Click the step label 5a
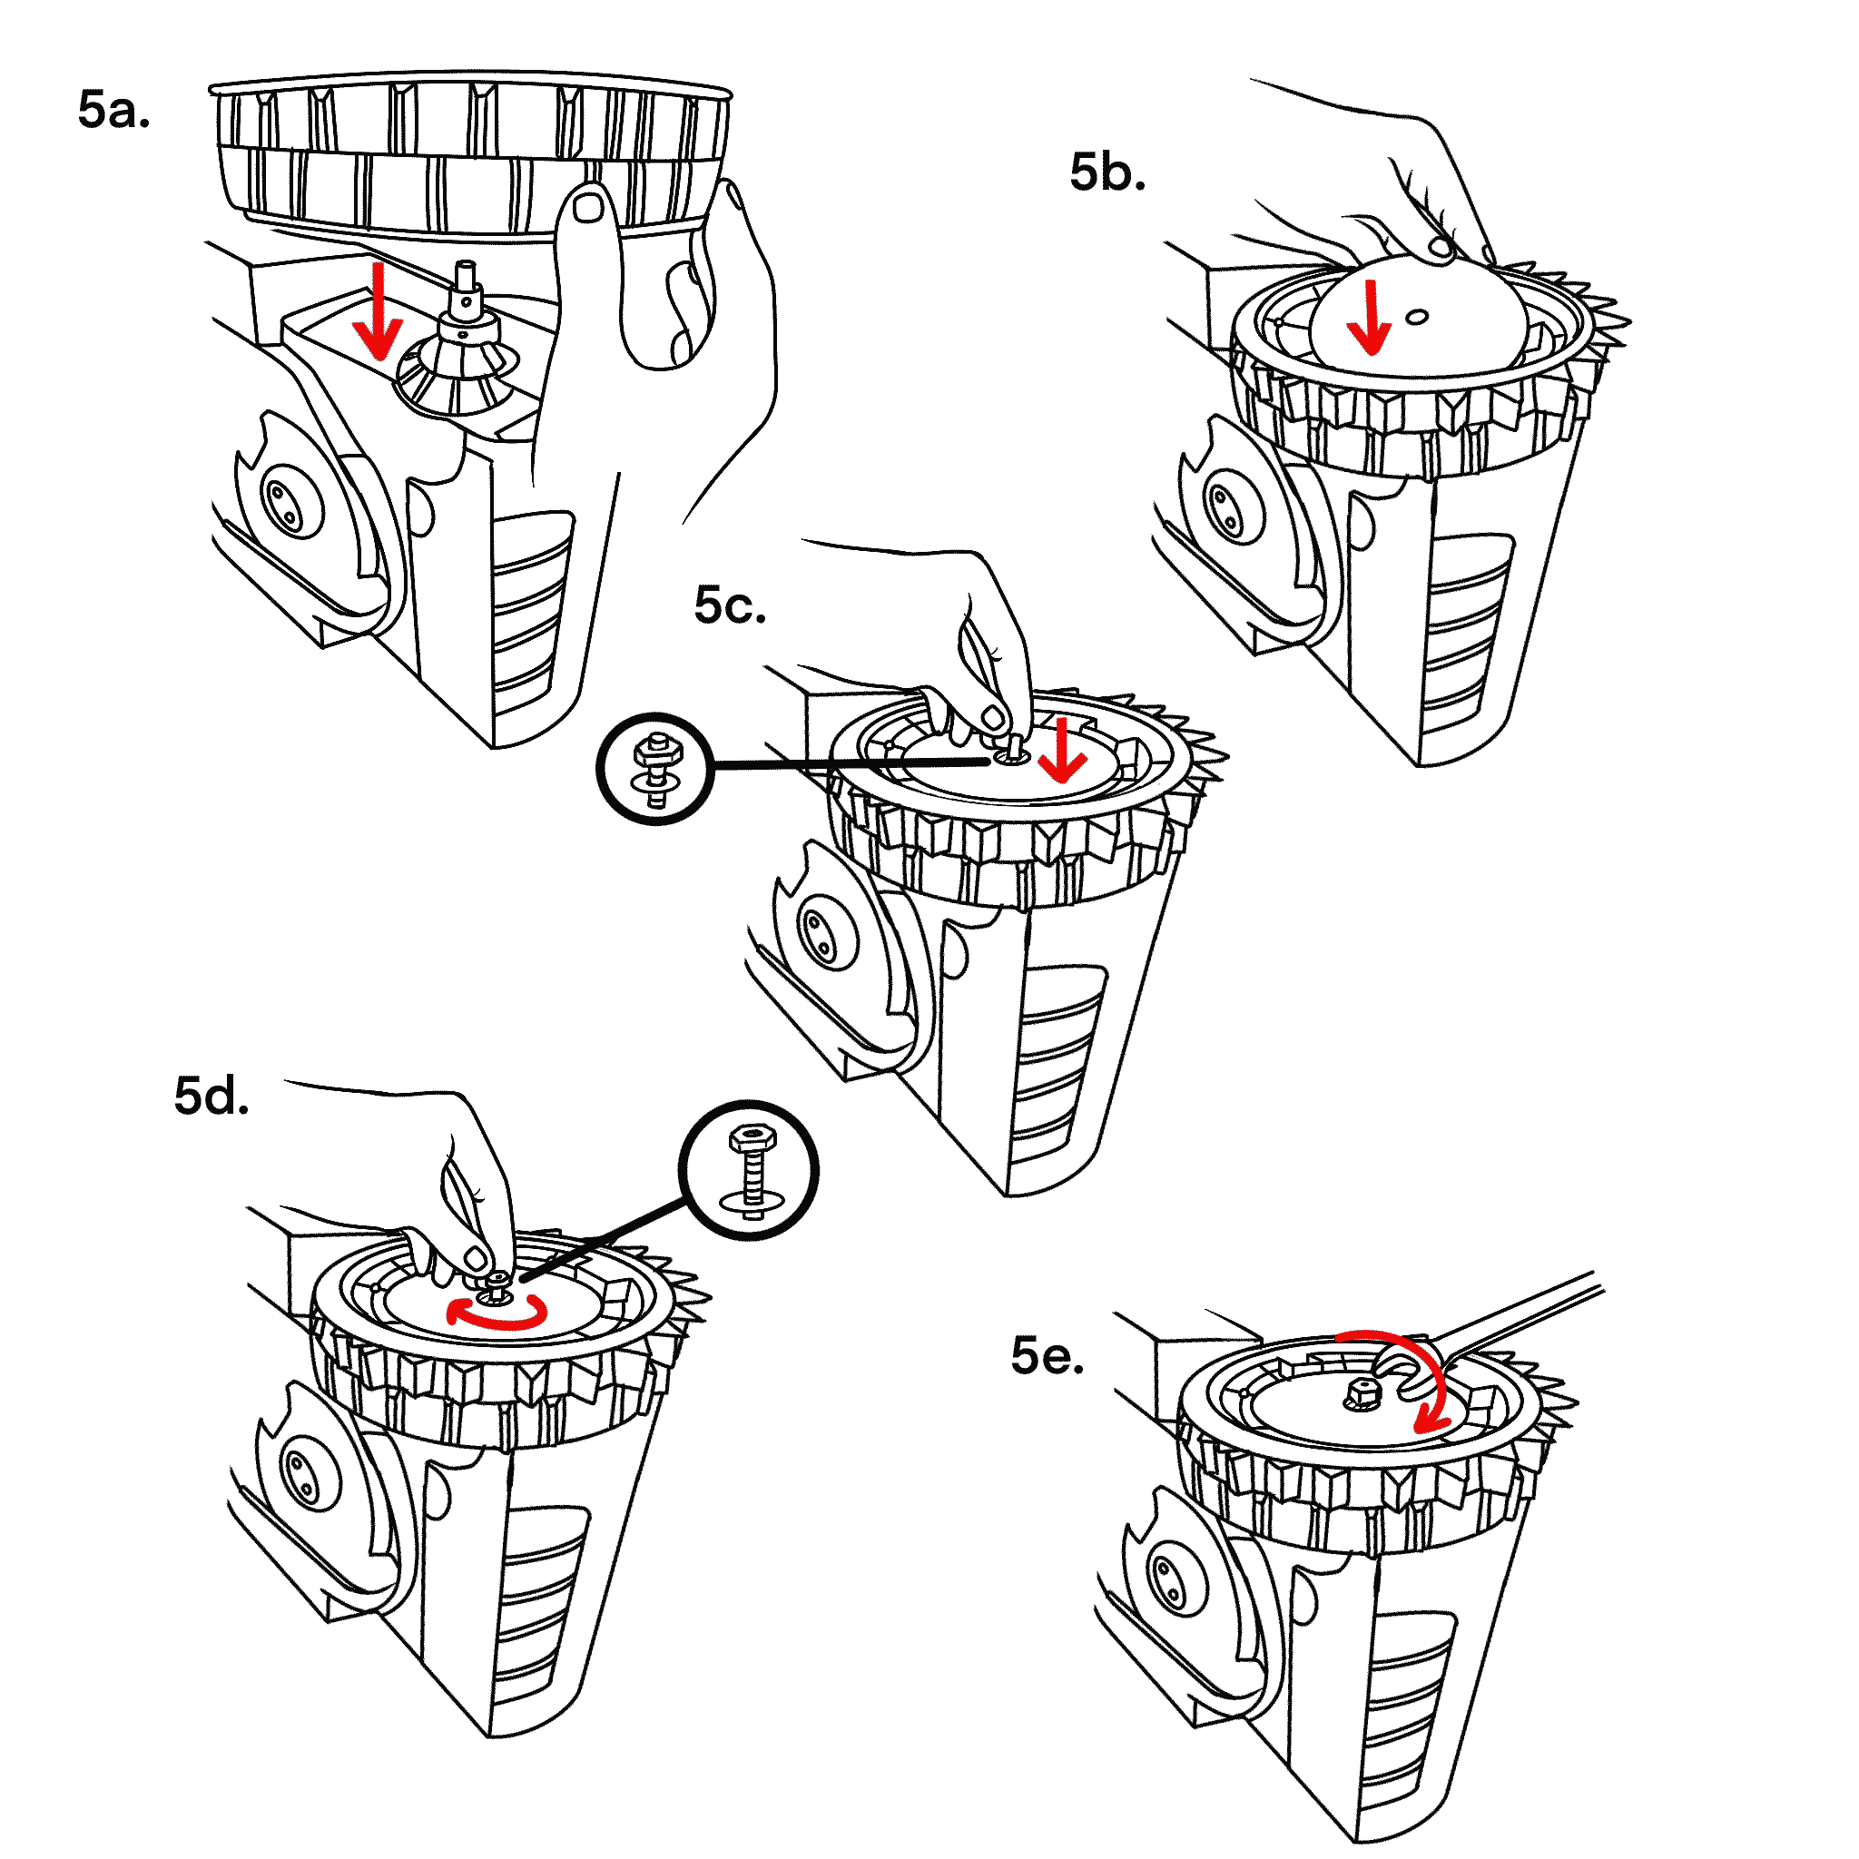pos(113,110)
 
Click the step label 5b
pos(1107,172)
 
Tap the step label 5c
pos(730,605)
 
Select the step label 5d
pos(211,1096)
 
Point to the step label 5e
pos(1047,1356)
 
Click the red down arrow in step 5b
pos(1367,318)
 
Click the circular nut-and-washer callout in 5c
pos(655,769)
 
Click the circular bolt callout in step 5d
pos(749,1170)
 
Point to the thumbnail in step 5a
pos(588,206)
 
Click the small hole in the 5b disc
pos(1415,316)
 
